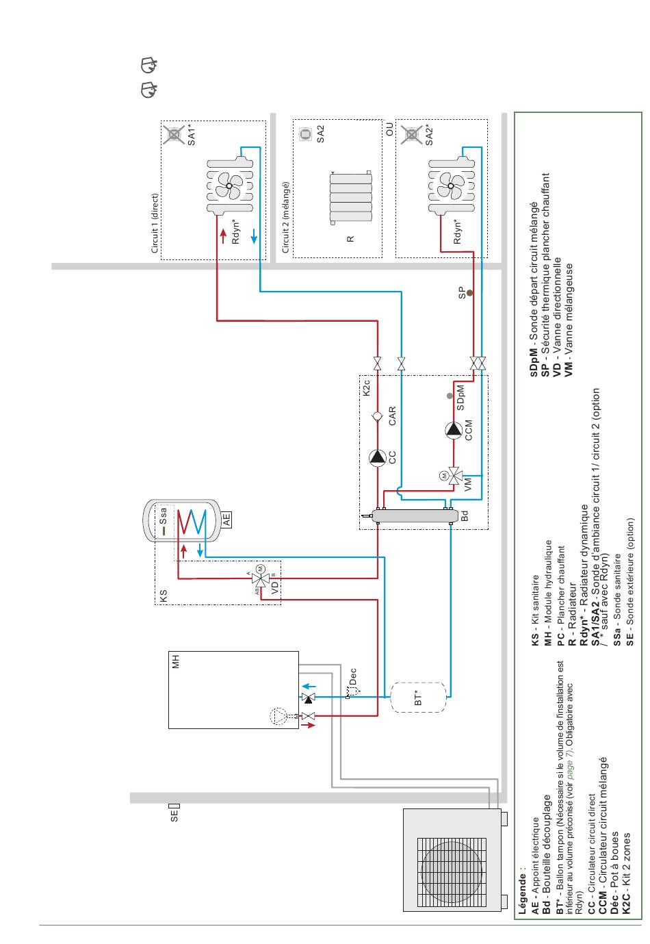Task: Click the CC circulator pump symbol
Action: pyautogui.click(x=378, y=458)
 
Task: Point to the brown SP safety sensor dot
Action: pyautogui.click(x=469, y=293)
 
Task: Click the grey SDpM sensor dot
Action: pyautogui.click(x=450, y=396)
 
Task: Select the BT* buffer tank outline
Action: pyautogui.click(x=418, y=697)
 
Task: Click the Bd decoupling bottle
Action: pyautogui.click(x=415, y=515)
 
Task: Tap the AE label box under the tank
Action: pyautogui.click(x=226, y=519)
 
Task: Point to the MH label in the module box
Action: pyautogui.click(x=176, y=661)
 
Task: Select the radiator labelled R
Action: pyautogui.click(x=350, y=197)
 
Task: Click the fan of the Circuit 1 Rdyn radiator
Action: pyautogui.click(x=229, y=186)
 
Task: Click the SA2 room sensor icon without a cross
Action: pyautogui.click(x=304, y=134)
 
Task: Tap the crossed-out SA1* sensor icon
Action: pyautogui.click(x=174, y=135)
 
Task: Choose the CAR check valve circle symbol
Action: pyautogui.click(x=378, y=416)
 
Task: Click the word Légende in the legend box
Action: pyautogui.click(x=522, y=888)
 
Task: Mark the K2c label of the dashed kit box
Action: pyautogui.click(x=366, y=387)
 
